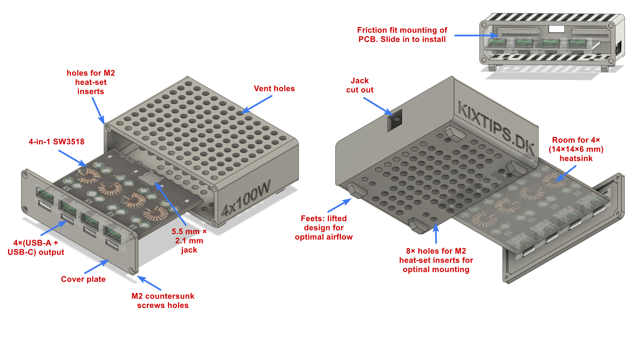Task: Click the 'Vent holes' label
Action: (274, 89)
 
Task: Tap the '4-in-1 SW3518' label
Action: (56, 142)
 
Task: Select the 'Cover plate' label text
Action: (83, 279)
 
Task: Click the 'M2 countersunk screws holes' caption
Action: (163, 301)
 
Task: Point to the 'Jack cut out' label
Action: (360, 85)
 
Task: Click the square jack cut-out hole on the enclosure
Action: (395, 120)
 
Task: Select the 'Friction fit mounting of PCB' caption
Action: (402, 35)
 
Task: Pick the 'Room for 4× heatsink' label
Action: (576, 149)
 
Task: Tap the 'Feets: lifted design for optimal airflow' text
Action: (324, 228)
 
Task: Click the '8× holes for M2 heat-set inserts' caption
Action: (436, 260)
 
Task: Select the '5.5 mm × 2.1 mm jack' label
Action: (189, 241)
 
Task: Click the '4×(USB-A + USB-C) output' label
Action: (36, 247)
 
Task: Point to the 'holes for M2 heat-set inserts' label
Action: (91, 82)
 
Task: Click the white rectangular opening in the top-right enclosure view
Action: (556, 29)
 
